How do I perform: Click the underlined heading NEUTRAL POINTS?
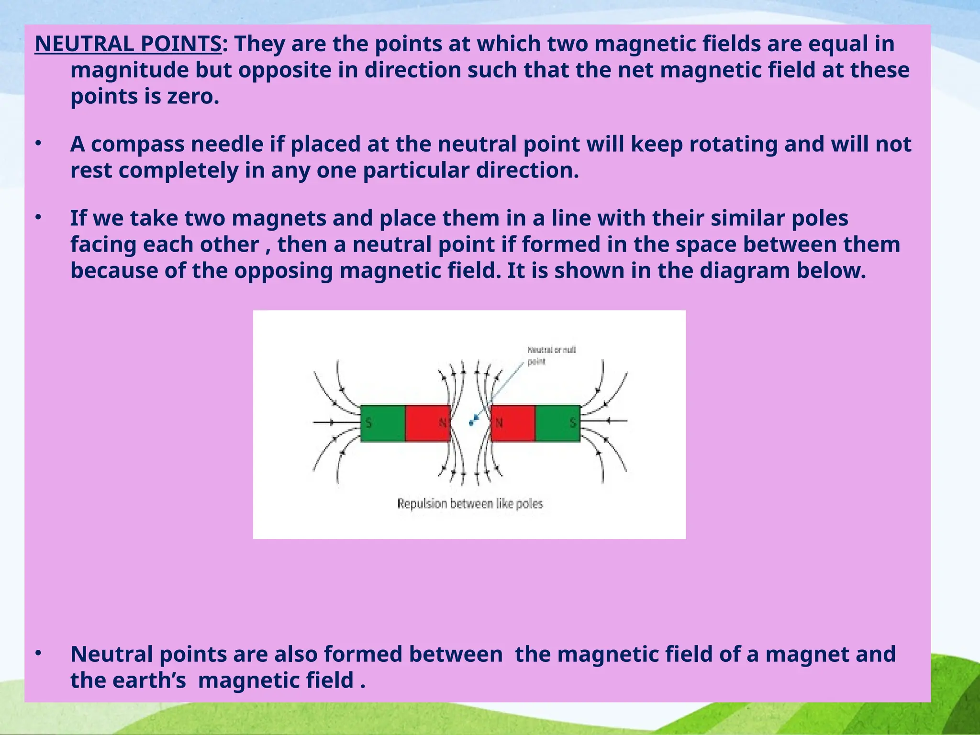[128, 45]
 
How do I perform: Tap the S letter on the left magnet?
[368, 423]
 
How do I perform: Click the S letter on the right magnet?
[573, 423]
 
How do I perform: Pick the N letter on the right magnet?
[500, 423]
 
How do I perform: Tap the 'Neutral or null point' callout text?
[551, 356]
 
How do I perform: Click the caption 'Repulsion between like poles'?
[470, 504]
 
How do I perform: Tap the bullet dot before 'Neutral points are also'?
[39, 653]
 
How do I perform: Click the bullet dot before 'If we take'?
[39, 217]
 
